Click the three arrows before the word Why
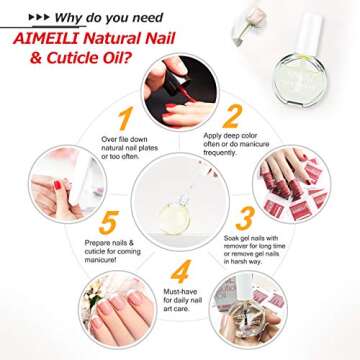pyautogui.click(x=27, y=17)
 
